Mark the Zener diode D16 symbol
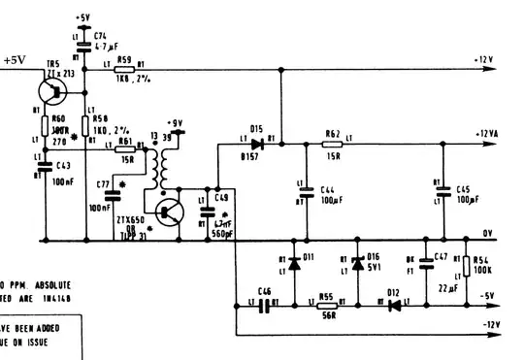(357, 265)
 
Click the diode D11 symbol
(294, 265)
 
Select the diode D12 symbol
(394, 304)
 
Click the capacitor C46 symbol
(263, 304)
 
